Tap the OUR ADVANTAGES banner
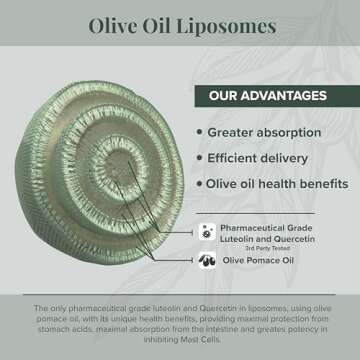[267, 97]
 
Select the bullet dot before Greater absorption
[199, 131]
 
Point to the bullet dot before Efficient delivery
[199, 157]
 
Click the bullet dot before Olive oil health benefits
[199, 183]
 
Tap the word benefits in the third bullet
[322, 183]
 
